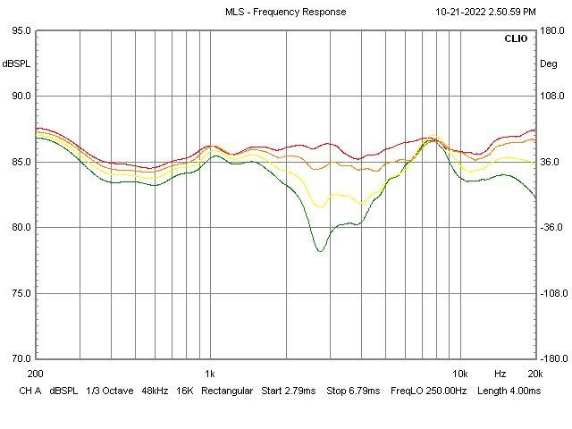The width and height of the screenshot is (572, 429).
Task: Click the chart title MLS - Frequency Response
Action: [x=285, y=12]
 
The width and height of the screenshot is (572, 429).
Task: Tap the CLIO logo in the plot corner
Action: [x=516, y=39]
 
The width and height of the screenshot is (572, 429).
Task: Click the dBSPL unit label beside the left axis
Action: [x=16, y=63]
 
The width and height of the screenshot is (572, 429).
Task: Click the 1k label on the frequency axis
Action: [x=209, y=373]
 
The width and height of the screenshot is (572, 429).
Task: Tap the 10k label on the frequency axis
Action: [x=459, y=373]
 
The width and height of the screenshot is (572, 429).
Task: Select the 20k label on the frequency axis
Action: [x=534, y=373]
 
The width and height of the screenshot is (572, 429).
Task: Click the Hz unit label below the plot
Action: [x=500, y=373]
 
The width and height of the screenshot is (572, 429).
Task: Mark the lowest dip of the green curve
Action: [x=320, y=251]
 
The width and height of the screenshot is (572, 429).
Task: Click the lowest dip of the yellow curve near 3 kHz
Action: [x=320, y=206]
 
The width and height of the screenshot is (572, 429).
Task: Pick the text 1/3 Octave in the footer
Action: [x=105, y=391]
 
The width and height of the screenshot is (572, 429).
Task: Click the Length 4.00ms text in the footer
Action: [x=509, y=391]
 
